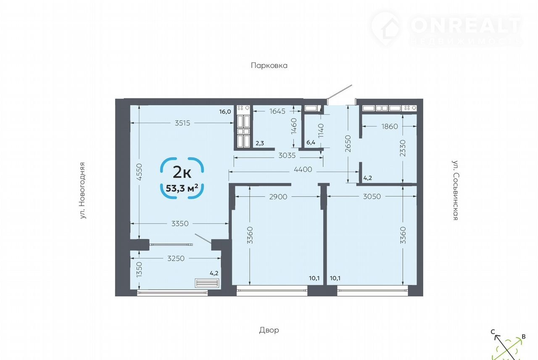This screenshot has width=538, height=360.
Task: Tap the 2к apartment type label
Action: [x=182, y=172]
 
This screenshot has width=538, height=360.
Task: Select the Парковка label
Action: [x=269, y=66]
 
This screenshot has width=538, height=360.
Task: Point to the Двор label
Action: [x=269, y=330]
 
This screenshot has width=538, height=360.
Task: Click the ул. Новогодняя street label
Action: [x=82, y=191]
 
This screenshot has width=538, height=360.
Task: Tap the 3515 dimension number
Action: [x=182, y=123]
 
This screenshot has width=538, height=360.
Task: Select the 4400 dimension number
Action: [x=303, y=169]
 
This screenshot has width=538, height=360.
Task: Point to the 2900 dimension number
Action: [x=278, y=197]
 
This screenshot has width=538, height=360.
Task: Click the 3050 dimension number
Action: [x=372, y=196]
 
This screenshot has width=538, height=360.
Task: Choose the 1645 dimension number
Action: [x=277, y=111]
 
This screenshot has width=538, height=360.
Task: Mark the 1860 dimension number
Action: [x=390, y=127]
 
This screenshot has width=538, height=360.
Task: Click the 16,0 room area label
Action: [x=225, y=112]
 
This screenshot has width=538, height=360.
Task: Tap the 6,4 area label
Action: [x=311, y=143]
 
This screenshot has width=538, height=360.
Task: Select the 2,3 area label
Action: [x=260, y=143]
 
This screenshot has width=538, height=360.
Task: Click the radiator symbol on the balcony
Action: [x=207, y=283]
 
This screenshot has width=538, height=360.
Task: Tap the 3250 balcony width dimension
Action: [x=176, y=259]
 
